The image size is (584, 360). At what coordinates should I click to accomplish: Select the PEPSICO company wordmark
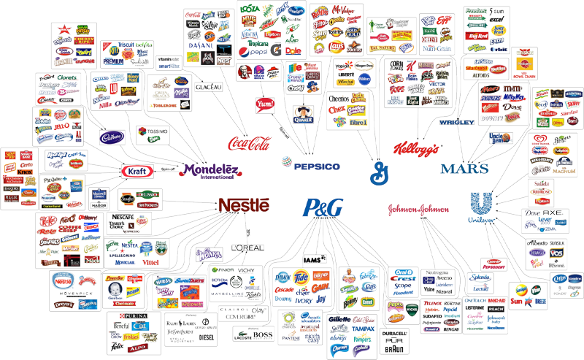click(x=317, y=166)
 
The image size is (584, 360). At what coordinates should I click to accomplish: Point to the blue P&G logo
click(x=323, y=208)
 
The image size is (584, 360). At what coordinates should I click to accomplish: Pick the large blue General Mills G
click(x=379, y=172)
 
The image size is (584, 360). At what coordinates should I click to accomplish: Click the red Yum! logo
click(x=264, y=104)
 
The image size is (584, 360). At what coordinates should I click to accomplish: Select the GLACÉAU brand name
click(x=208, y=88)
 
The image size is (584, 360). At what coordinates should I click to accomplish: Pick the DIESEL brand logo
click(x=207, y=338)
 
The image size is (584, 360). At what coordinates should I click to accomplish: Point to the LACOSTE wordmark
click(x=243, y=337)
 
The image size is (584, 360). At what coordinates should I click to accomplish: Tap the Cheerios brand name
click(x=339, y=98)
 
